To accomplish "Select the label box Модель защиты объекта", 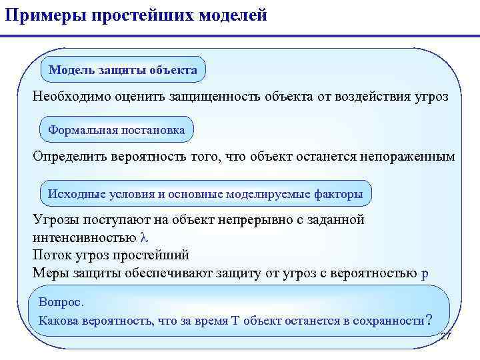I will tap(123, 69).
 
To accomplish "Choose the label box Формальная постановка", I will tap(117, 129).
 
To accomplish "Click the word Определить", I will tap(72, 157).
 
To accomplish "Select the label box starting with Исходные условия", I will tap(206, 194).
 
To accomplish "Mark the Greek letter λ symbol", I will tap(143, 238).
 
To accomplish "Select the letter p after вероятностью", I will tap(425, 273).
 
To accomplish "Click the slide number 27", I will tap(446, 337).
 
